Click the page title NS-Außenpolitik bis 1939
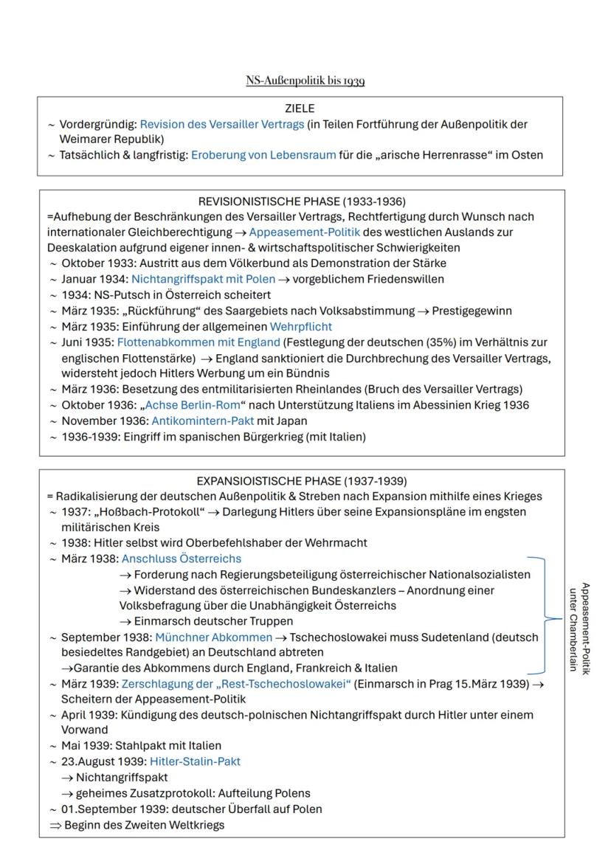305,80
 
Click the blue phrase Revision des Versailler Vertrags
221,125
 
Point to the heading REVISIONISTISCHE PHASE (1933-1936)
302,201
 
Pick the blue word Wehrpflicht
300,325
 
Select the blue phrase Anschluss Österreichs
181,559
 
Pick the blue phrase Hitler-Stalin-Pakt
195,761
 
